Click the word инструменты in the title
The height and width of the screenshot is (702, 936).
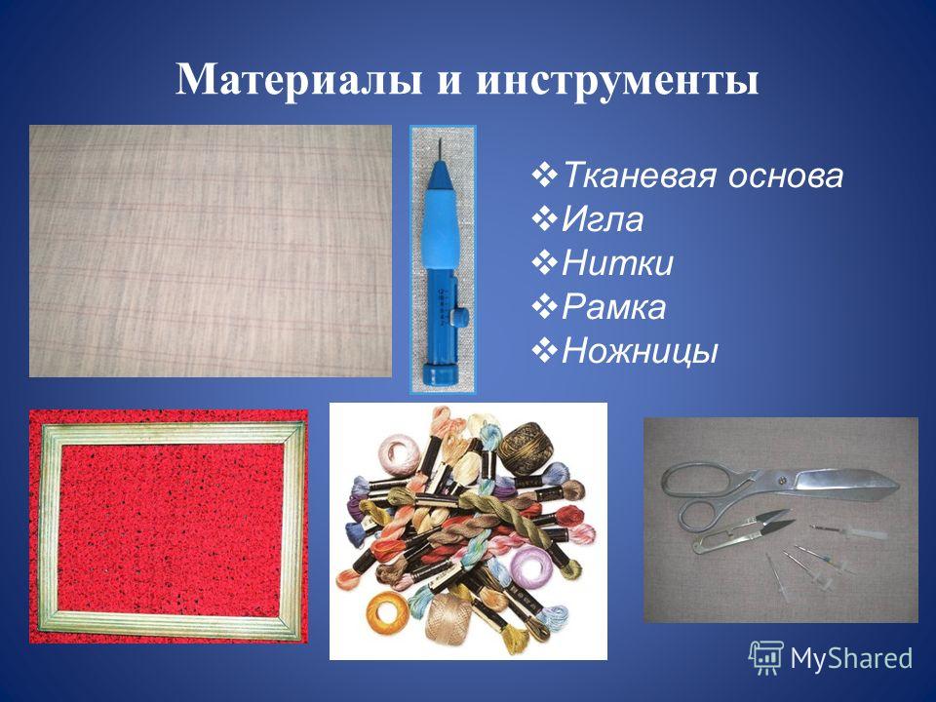(617, 81)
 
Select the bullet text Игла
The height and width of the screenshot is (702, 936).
(603, 219)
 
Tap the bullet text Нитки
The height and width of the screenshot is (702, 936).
(617, 262)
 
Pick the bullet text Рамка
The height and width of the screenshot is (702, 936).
(613, 307)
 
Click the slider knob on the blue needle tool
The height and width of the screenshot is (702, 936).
(459, 315)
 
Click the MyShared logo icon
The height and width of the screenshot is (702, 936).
(766, 657)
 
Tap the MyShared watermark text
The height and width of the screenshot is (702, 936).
(851, 658)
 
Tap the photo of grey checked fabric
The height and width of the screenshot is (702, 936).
(211, 251)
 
